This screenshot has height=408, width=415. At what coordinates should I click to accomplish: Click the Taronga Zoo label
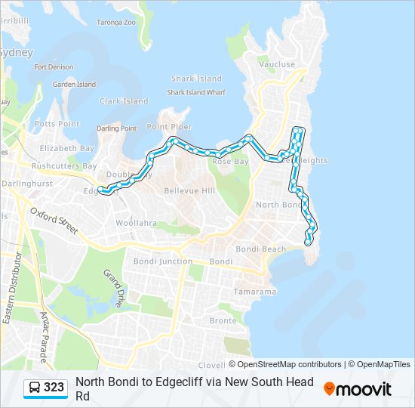(x=117, y=23)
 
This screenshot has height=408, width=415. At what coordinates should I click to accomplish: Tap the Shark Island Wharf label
(x=196, y=92)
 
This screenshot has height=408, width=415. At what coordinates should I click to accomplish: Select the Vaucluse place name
(x=277, y=65)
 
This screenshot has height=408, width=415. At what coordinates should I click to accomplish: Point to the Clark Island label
(x=124, y=101)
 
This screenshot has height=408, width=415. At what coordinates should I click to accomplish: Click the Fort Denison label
(x=54, y=67)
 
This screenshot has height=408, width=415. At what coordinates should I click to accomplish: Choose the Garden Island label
(x=74, y=85)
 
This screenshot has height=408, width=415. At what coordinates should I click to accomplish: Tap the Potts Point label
(x=57, y=124)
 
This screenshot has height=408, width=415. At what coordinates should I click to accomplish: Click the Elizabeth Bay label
(x=67, y=149)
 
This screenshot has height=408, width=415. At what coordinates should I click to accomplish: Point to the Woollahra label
(x=136, y=223)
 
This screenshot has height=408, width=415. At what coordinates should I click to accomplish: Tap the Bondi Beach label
(x=260, y=249)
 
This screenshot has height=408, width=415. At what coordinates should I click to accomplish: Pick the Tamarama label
(x=254, y=292)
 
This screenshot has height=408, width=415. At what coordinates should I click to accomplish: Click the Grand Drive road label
(x=113, y=289)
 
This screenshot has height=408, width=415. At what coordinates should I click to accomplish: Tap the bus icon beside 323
(x=35, y=388)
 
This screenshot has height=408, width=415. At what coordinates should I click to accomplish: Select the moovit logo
(x=358, y=389)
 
